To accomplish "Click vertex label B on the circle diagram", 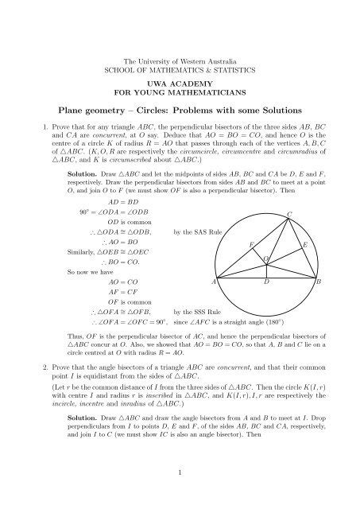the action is (318, 282).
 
